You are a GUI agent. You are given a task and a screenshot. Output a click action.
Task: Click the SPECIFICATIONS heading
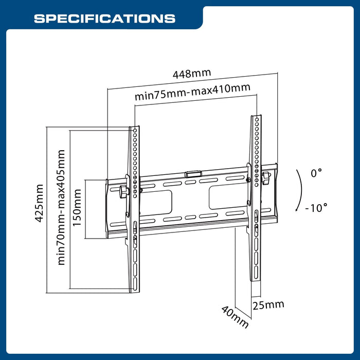pos(104,19)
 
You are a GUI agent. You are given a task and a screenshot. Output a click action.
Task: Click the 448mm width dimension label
pos(191,74)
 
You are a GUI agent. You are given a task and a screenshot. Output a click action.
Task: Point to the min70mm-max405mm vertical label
pos(62,207)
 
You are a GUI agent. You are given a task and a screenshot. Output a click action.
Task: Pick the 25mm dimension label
pos(268,304)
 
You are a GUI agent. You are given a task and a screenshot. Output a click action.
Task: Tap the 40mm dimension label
pos(235,317)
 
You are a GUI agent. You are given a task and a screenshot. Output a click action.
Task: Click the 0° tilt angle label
pos(316,173)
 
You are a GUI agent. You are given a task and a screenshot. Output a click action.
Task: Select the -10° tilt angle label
pos(316,208)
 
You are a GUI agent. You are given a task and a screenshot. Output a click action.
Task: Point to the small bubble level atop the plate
pos(192,174)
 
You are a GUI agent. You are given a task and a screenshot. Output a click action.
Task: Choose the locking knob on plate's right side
pos(266,177)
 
